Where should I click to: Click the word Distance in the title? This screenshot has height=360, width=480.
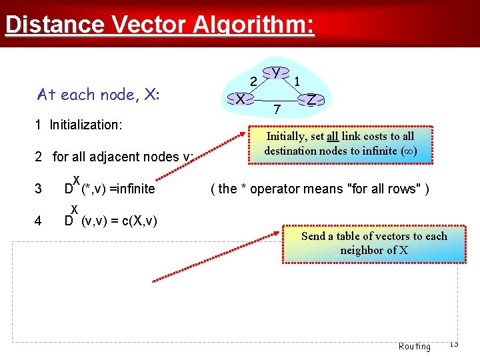pyautogui.click(x=55, y=25)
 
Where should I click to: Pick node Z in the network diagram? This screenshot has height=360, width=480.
pyautogui.click(x=311, y=99)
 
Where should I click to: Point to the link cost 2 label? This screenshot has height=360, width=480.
pyautogui.click(x=253, y=81)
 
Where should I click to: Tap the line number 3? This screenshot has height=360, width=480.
pyautogui.click(x=38, y=189)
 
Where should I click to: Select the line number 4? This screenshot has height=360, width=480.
pyautogui.click(x=38, y=221)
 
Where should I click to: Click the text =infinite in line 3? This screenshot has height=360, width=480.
pyautogui.click(x=132, y=189)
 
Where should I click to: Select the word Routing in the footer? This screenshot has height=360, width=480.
pyautogui.click(x=414, y=346)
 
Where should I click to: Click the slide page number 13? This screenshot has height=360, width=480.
pyautogui.click(x=453, y=343)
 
